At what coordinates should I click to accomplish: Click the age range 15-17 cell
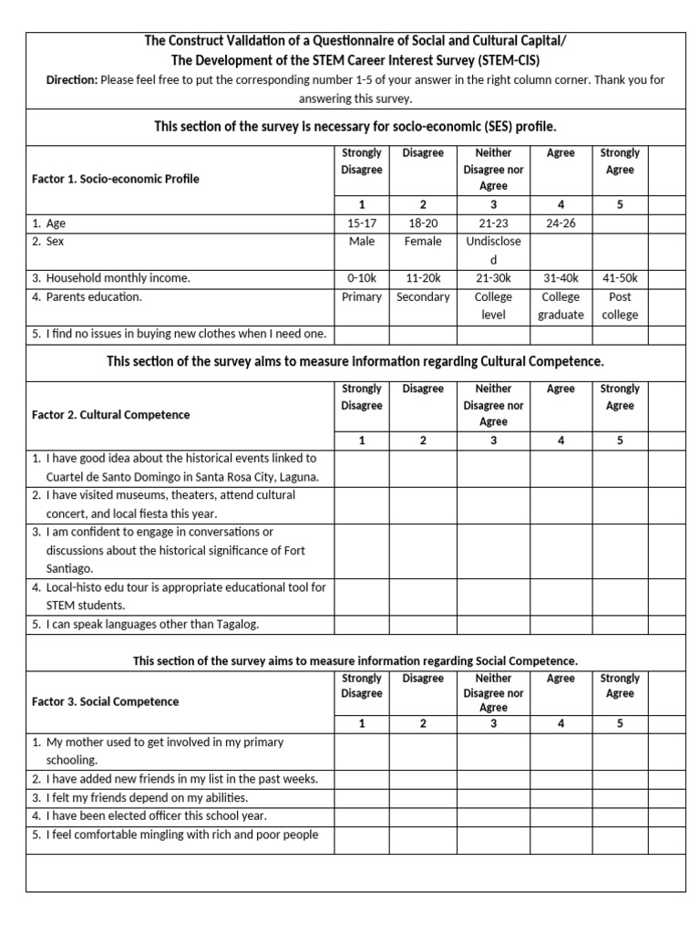(361, 223)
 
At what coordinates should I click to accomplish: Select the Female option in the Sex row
(422, 242)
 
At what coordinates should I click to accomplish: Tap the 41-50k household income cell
(619, 278)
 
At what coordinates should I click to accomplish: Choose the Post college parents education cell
(619, 306)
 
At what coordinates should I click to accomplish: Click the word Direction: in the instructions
(72, 80)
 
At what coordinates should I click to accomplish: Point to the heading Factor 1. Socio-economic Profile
(115, 179)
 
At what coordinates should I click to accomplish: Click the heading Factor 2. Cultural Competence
(110, 415)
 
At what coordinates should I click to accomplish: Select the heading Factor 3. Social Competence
(105, 702)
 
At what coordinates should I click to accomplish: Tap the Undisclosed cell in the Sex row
(493, 251)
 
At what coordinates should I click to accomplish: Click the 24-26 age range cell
(560, 223)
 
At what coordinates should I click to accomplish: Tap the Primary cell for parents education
(361, 297)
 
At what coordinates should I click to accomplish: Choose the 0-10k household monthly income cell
(361, 278)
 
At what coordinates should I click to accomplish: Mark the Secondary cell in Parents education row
(423, 297)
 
